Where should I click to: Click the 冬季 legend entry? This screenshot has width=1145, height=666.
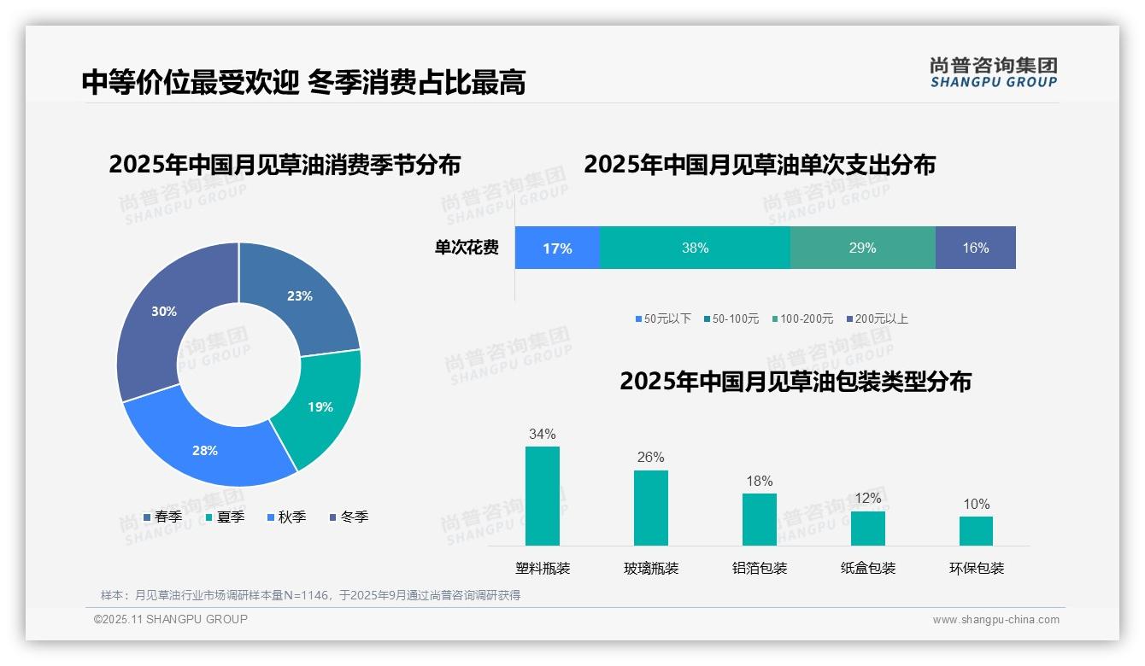tap(349, 517)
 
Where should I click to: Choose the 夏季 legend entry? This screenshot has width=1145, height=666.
tap(226, 517)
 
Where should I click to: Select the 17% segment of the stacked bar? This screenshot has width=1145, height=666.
tap(557, 248)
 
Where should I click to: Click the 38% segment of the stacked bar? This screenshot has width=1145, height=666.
tap(695, 248)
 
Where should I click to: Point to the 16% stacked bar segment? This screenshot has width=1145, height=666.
tap(975, 248)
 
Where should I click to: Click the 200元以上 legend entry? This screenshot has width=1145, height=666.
tap(877, 318)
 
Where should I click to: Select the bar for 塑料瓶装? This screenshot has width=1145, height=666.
tap(543, 495)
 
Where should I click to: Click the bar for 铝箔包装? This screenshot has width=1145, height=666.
tap(759, 519)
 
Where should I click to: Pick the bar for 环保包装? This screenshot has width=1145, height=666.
tap(976, 530)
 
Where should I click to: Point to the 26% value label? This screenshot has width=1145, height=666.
tap(650, 457)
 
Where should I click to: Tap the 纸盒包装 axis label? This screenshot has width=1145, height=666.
tap(867, 568)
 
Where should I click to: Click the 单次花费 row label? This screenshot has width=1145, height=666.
tap(467, 248)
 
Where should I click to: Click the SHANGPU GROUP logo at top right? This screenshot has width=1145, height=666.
tap(993, 72)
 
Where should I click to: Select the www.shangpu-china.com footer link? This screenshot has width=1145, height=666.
tap(995, 620)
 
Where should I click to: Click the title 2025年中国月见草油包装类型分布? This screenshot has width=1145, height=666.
tap(795, 381)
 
